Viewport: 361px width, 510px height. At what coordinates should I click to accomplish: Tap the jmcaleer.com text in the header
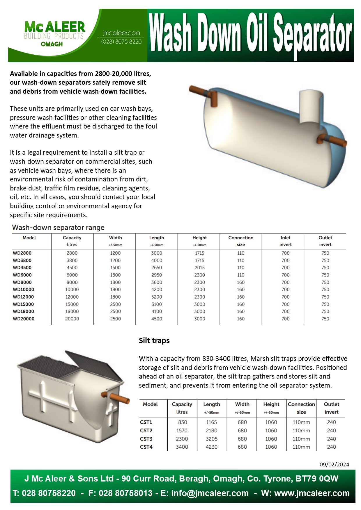pos(121,33)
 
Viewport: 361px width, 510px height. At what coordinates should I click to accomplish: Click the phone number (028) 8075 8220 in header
pos(121,42)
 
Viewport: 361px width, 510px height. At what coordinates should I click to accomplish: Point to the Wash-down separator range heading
pos(58,227)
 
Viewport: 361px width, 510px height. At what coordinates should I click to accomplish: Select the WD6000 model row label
pos(22,275)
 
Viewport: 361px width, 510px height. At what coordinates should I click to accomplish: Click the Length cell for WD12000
pos(157,297)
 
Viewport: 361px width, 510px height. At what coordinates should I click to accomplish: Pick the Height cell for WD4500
pos(200,268)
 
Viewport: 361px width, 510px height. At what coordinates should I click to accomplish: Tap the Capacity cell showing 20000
pos(72,319)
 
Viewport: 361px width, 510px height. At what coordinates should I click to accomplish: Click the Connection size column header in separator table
pos(241,241)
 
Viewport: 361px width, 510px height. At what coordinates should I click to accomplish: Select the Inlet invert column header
pos(286,241)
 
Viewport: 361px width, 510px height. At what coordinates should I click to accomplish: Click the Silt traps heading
pos(154,340)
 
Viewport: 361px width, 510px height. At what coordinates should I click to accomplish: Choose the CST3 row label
pos(146,439)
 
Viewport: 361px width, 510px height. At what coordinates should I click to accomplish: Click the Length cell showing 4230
pos(212,447)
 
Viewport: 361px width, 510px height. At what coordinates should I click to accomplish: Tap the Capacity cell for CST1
pos(182,422)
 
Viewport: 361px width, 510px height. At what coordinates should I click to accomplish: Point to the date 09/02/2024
pos(334,464)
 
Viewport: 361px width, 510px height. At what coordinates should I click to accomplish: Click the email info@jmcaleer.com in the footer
pos(210,493)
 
